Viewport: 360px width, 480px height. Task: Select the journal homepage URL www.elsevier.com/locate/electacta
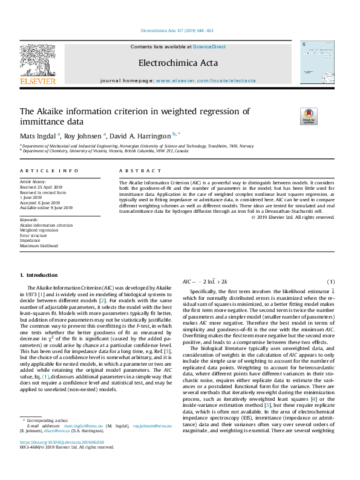206,80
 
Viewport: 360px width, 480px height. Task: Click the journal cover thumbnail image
317,66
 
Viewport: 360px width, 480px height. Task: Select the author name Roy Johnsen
83,137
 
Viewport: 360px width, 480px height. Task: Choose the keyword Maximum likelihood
39,246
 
